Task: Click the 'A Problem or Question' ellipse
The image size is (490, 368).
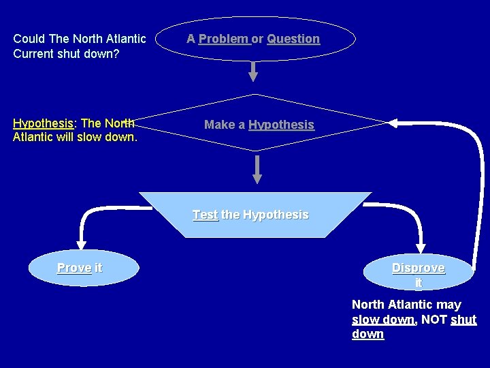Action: [252, 39]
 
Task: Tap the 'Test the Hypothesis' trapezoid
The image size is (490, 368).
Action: [251, 215]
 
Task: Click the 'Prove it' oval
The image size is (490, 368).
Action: [80, 269]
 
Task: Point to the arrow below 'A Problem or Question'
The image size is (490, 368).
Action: [253, 72]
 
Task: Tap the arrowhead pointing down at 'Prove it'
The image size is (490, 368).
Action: [82, 242]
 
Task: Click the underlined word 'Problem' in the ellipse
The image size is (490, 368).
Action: [223, 39]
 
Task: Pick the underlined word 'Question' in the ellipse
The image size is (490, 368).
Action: [293, 39]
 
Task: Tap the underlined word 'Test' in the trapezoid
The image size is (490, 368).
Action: [205, 215]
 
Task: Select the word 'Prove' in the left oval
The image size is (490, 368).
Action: [74, 268]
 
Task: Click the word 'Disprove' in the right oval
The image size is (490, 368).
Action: [419, 268]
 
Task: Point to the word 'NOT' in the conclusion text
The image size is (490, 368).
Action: [434, 320]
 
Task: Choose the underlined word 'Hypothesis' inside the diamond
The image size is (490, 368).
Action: [281, 125]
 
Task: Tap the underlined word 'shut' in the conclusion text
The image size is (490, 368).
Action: [463, 320]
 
